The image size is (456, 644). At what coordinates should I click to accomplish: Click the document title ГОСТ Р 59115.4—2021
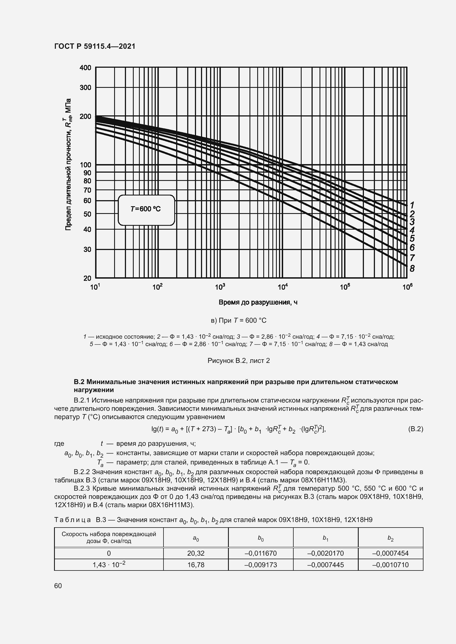[x=95, y=46]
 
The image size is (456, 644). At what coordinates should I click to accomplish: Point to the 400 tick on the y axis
[x=86, y=68]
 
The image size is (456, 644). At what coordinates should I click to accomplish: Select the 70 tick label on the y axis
[x=87, y=190]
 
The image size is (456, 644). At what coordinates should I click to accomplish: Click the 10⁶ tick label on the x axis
[x=407, y=287]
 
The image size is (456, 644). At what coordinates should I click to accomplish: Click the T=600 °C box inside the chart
[x=146, y=210]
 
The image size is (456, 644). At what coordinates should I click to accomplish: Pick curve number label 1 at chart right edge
[x=412, y=205]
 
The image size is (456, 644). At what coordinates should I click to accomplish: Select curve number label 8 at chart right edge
[x=412, y=268]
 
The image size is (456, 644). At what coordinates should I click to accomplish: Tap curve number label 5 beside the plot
[x=412, y=238]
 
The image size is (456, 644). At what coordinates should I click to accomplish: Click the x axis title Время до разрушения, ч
[x=258, y=302]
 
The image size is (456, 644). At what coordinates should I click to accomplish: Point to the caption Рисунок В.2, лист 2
[x=238, y=360]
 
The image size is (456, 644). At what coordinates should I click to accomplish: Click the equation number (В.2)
[x=415, y=429]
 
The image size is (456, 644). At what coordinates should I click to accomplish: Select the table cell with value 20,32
[x=196, y=553]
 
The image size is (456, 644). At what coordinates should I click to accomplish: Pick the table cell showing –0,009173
[x=261, y=565]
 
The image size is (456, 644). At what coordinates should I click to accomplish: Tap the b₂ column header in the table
[x=390, y=537]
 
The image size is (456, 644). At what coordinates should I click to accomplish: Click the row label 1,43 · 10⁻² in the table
[x=109, y=564]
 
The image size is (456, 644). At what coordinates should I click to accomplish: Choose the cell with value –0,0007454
[x=390, y=553]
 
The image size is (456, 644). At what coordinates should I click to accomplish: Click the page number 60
[x=58, y=586]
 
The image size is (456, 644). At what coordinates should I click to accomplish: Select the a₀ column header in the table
[x=196, y=537]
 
